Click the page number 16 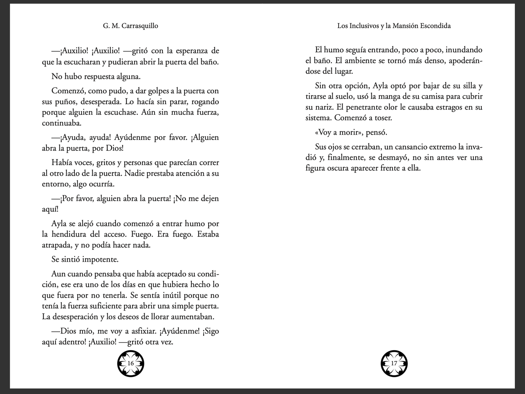(131, 363)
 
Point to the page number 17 (394, 363)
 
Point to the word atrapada (56, 245)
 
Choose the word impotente (100, 260)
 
